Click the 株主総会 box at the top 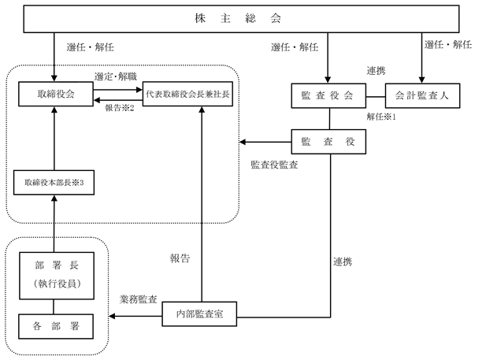(241, 19)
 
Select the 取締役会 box (56, 94)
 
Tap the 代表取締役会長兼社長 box (187, 94)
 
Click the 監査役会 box (328, 96)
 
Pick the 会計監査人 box (422, 96)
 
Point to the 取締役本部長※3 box (54, 183)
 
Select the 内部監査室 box (199, 314)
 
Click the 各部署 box (56, 326)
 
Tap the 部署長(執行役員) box (57, 276)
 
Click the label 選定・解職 (115, 76)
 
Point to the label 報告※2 (120, 108)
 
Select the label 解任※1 (381, 117)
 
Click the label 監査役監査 (274, 165)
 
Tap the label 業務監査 (139, 299)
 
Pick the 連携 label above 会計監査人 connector (376, 71)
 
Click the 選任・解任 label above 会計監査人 (448, 44)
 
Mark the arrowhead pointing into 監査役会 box (328, 80)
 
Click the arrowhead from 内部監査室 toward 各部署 (112, 316)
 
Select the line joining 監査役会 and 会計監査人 (376, 96)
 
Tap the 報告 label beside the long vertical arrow (180, 258)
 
